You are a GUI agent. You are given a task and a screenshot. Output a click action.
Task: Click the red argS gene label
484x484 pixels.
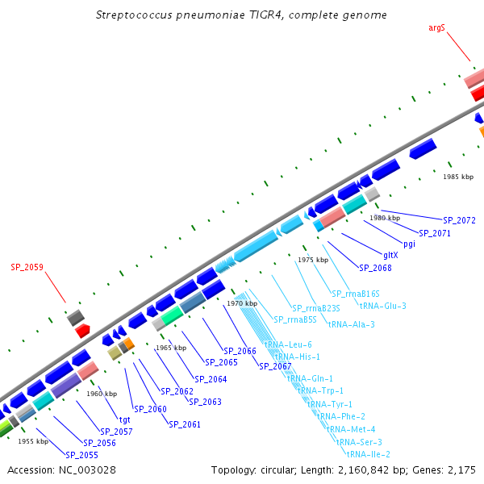tap(436, 28)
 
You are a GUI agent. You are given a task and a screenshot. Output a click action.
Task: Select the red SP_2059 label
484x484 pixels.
tap(27, 266)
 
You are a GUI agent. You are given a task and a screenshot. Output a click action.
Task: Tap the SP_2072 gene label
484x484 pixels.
tap(459, 219)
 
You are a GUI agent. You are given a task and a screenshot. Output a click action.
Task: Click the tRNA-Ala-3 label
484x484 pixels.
tap(351, 324)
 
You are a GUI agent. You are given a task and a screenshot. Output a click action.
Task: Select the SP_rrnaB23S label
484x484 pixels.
tap(316, 308)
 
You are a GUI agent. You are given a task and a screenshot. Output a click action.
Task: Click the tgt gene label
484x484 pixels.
tap(125, 419)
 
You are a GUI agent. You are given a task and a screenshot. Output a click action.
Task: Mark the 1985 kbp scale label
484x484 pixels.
tap(458, 176)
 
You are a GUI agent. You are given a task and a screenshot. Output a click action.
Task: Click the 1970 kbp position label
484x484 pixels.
tap(242, 303)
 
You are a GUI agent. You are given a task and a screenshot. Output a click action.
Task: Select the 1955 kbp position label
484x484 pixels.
tap(33, 441)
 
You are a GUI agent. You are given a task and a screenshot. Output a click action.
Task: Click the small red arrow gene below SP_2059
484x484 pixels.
tap(82, 331)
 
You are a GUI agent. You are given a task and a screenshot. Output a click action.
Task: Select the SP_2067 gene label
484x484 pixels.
tap(275, 365)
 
